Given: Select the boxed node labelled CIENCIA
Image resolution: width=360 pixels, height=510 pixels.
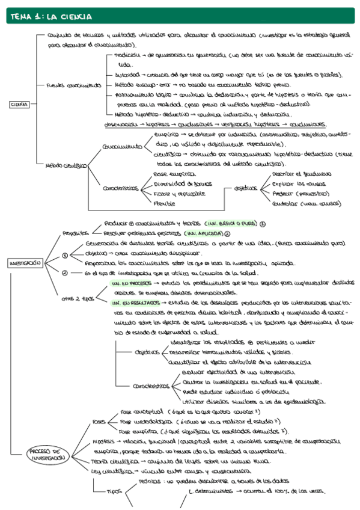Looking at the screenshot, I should coord(20,104).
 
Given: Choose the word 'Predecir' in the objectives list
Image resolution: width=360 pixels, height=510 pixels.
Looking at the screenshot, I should coord(284,194).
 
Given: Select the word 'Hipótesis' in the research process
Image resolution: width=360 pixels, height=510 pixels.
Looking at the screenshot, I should coord(103,441).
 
